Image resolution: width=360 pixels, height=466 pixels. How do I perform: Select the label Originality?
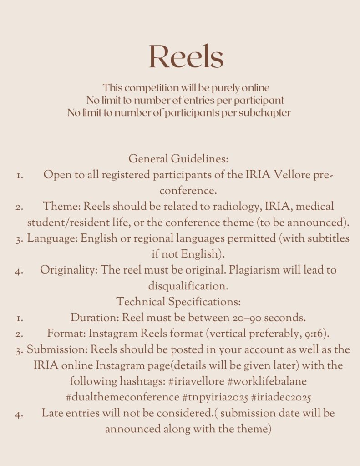coord(69,270)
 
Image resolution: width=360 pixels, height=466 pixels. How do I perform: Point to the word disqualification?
coord(188,286)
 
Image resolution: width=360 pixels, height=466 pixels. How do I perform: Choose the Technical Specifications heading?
coord(178,302)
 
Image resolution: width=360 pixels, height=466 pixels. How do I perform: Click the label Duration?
coord(93,317)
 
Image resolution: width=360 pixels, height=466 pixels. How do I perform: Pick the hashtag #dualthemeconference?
coord(122,397)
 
